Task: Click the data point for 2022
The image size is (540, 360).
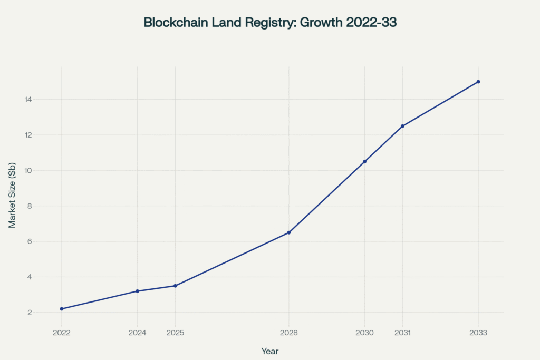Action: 62,309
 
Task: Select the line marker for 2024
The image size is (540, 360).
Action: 137,291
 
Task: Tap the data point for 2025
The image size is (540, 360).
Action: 175,286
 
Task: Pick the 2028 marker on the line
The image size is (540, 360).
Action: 289,232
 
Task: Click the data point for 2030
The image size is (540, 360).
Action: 364,161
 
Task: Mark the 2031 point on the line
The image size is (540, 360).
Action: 402,126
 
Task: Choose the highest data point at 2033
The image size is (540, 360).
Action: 478,82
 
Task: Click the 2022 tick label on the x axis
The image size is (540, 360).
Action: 62,333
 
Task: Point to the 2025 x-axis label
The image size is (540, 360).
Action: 175,333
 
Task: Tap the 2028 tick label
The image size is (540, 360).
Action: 289,333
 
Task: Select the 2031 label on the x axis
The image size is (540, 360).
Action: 402,333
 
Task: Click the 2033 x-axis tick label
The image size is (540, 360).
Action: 478,333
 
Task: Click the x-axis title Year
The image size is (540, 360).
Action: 270,351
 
